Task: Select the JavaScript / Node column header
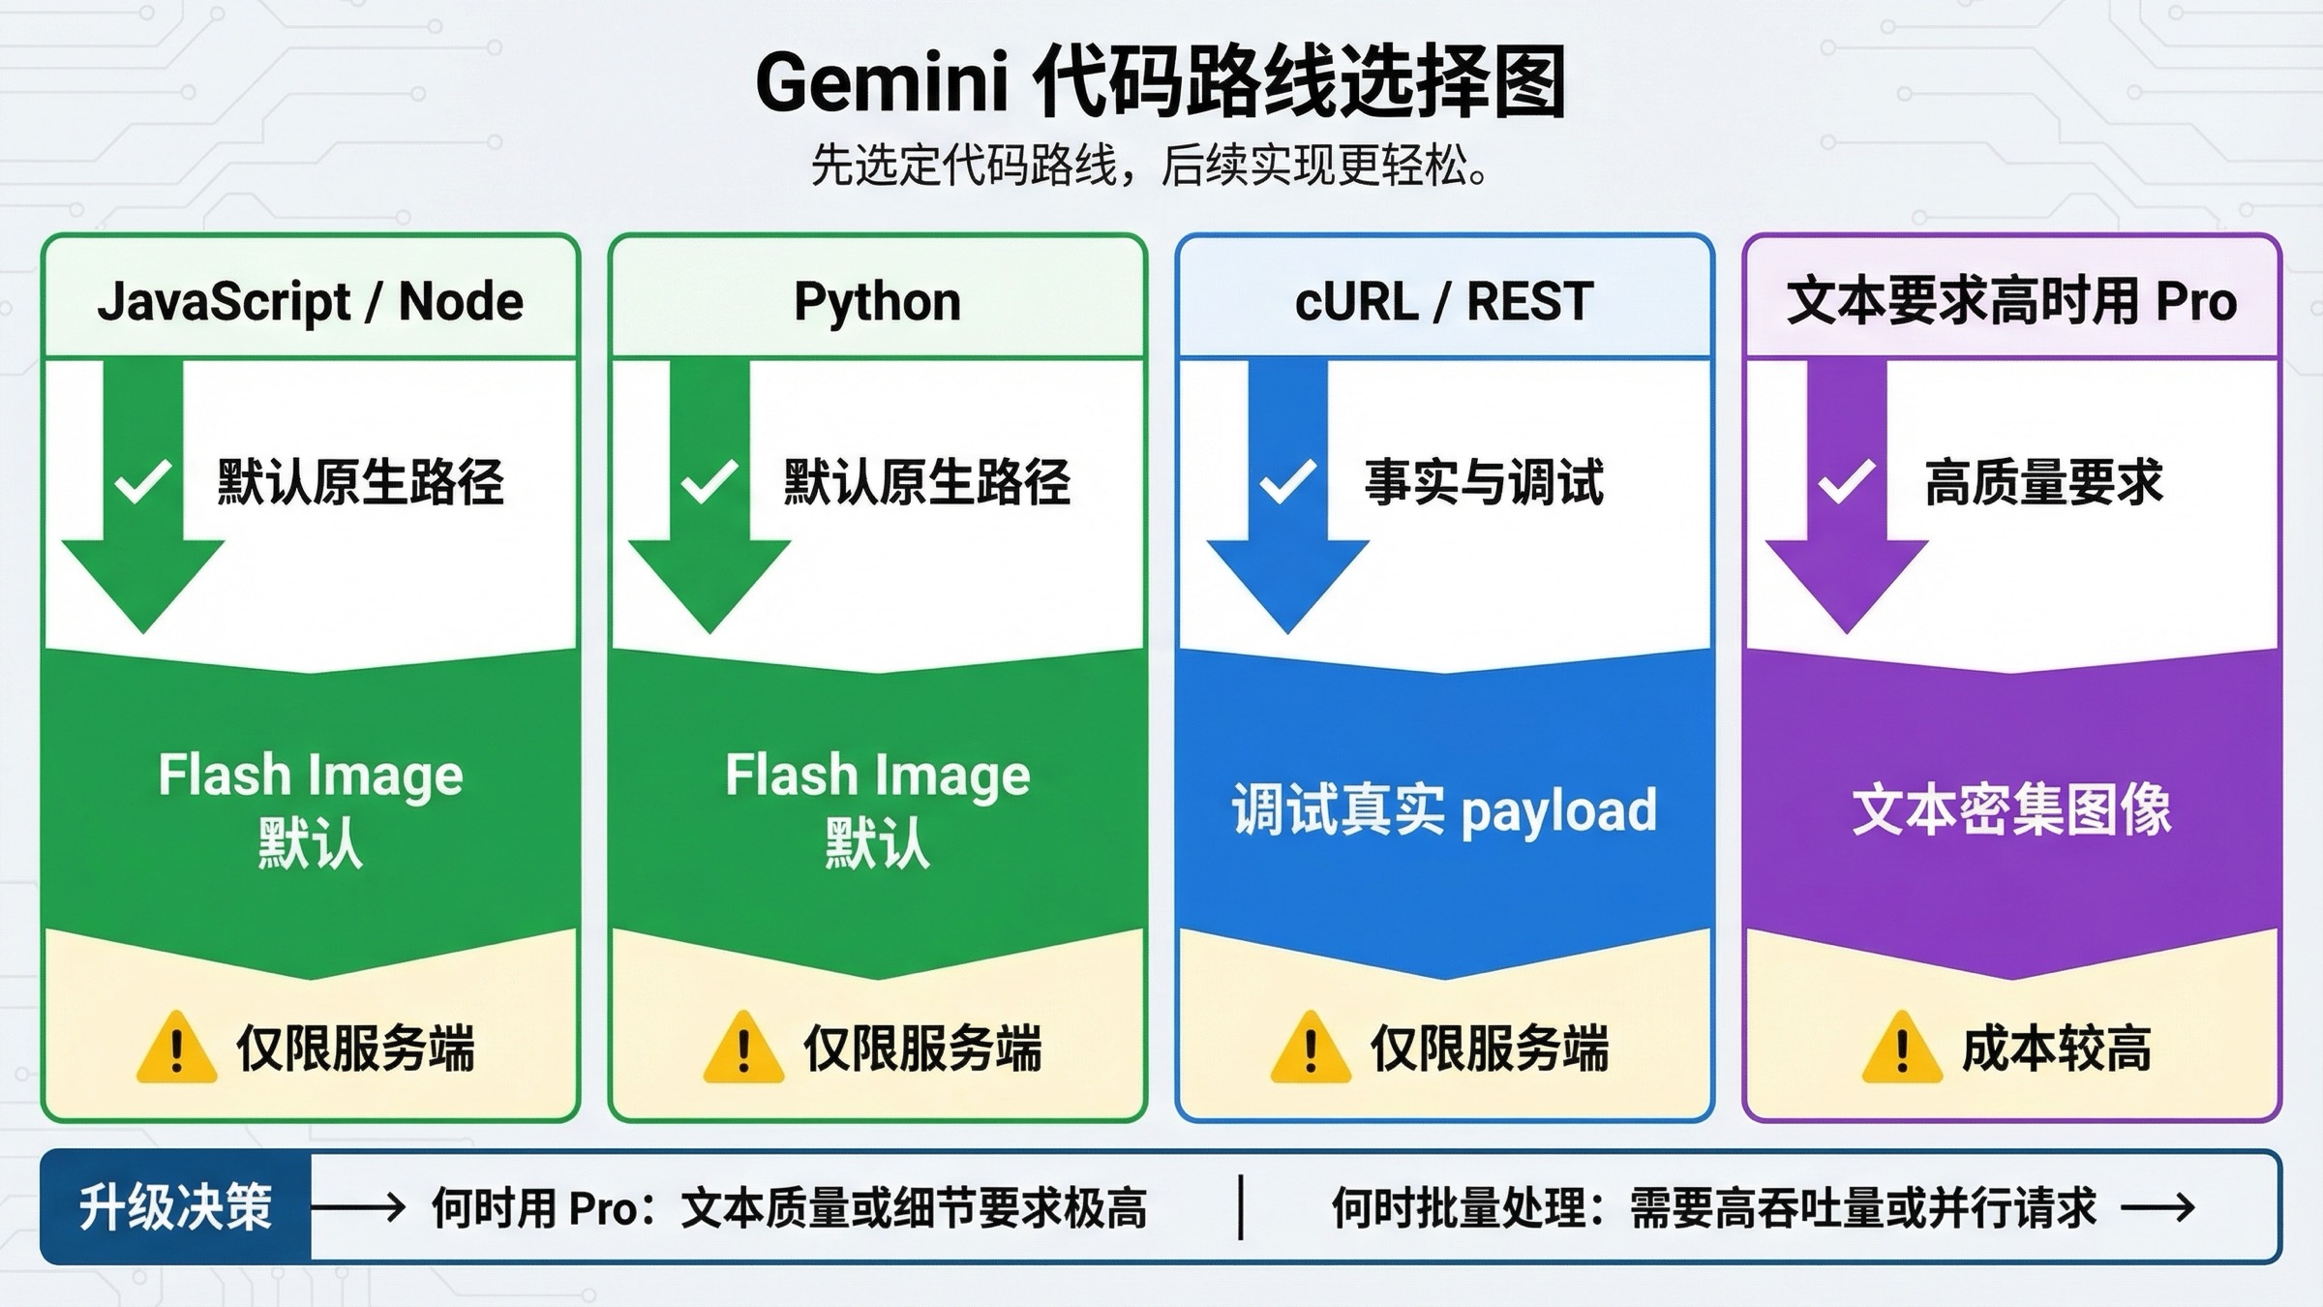point(310,301)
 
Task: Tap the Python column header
point(877,301)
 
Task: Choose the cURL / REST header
point(1443,301)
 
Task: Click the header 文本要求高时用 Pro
point(2011,301)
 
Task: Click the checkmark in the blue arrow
point(1286,481)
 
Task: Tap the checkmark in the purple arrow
point(1846,481)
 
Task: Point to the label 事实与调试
point(1484,482)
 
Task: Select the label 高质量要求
point(2043,482)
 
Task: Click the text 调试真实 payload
point(1443,810)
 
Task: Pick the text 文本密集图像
point(2011,810)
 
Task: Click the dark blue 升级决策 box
point(176,1207)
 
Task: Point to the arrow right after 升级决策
point(358,1207)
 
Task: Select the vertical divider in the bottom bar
point(1240,1207)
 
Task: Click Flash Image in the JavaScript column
point(310,775)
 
